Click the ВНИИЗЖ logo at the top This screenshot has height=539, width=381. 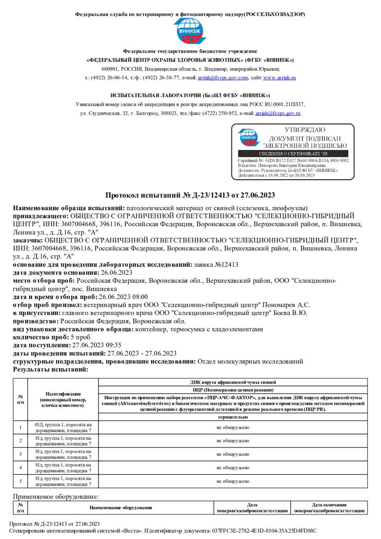190,31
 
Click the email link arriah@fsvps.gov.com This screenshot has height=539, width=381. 223,78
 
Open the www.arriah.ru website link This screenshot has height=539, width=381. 279,78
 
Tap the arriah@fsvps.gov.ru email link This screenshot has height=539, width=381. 278,113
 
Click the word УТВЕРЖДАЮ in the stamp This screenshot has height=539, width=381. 305,130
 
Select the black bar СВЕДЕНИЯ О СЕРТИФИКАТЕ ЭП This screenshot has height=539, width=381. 293,154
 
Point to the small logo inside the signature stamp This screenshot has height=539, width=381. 249,137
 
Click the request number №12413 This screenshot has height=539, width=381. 226,265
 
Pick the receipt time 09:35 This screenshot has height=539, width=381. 113,345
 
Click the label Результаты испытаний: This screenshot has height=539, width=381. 50,369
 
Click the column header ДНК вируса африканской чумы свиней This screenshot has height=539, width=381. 233,382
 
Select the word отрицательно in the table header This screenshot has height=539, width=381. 233,417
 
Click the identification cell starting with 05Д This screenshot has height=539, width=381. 63,428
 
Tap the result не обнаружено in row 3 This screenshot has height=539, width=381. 233,454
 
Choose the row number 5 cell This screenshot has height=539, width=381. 20,481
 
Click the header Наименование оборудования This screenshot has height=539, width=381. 120,508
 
